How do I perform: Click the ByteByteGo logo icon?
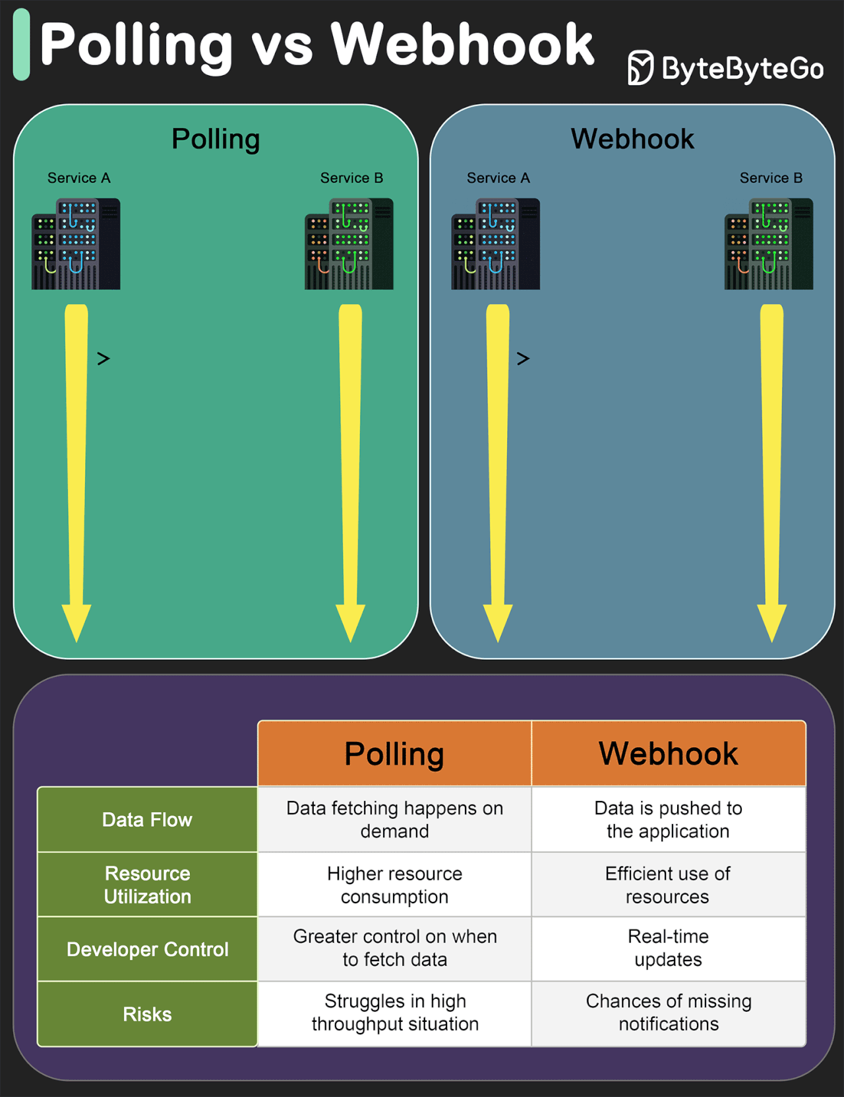[x=640, y=68]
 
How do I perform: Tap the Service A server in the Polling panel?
[x=76, y=244]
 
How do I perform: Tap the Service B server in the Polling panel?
[x=349, y=244]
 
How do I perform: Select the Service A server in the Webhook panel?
[x=495, y=244]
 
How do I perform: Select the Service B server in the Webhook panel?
[x=768, y=244]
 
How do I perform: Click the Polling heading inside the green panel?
[x=216, y=139]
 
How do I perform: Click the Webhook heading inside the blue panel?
[x=632, y=139]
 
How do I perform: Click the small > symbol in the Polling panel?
[x=104, y=359]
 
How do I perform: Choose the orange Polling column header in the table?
[x=394, y=754]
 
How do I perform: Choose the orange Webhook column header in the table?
[x=668, y=754]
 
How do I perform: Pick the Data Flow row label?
[x=147, y=819]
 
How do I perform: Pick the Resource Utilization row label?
[x=147, y=885]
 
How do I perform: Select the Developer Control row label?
[x=147, y=949]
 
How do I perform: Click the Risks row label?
[x=147, y=1014]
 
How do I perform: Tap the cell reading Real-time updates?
[x=668, y=948]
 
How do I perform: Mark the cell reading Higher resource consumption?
[x=394, y=885]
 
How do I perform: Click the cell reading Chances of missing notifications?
[x=668, y=1013]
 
